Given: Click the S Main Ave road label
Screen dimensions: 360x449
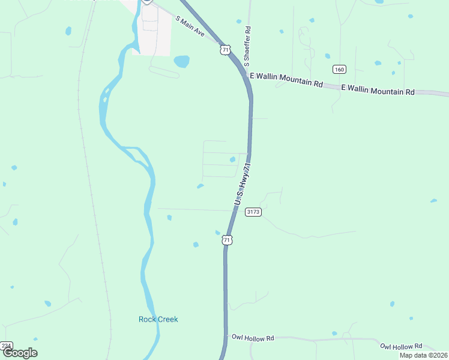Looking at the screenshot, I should click(x=191, y=28).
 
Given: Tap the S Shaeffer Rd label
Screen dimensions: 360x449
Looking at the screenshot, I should click(x=247, y=46).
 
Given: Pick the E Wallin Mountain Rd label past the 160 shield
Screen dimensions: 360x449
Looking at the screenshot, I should click(x=378, y=90).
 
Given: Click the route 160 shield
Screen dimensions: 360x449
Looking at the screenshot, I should click(x=339, y=70).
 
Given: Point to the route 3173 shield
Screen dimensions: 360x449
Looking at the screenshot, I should click(x=253, y=212).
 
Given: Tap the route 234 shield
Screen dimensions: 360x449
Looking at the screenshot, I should click(x=6, y=346).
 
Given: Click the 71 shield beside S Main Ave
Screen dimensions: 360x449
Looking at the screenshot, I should click(x=225, y=50).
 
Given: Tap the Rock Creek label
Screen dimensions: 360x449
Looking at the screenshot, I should click(x=158, y=319).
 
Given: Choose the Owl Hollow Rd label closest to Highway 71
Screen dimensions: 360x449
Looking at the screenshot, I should click(x=253, y=338).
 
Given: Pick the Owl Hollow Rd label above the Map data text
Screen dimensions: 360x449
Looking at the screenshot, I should click(x=401, y=346).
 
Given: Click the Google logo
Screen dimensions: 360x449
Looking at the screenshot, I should click(x=20, y=353).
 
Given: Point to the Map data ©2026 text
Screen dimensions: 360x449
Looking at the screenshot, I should click(x=423, y=355).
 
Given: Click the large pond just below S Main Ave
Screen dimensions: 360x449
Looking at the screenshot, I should click(x=181, y=61).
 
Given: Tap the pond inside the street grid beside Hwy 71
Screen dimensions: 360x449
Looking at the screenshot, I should click(x=232, y=159).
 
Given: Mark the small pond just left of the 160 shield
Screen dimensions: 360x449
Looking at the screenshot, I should click(x=327, y=56).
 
